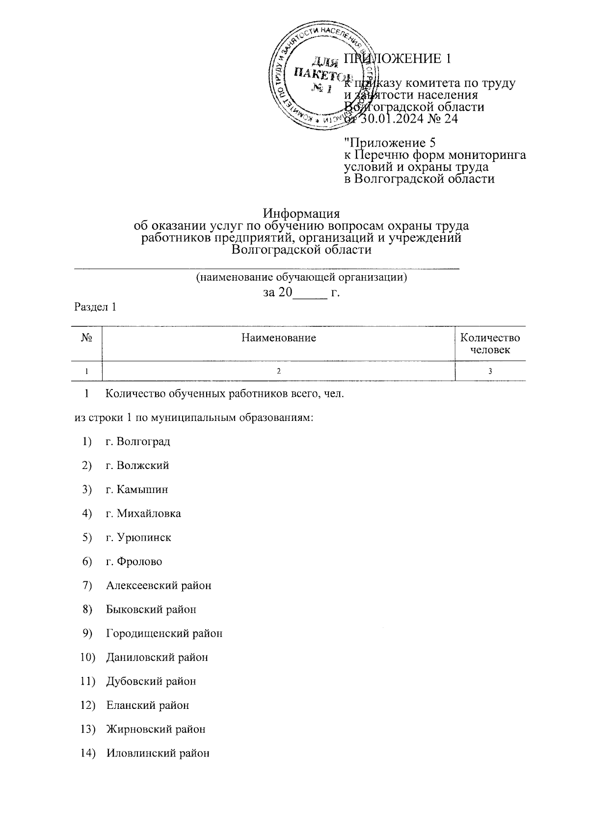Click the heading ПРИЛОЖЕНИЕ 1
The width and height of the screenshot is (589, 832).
(398, 58)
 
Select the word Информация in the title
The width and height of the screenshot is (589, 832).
(301, 214)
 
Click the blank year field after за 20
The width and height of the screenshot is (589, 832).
(310, 293)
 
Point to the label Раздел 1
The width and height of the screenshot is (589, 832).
(95, 307)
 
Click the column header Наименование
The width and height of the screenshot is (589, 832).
(278, 338)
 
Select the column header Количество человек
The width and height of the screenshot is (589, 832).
(490, 343)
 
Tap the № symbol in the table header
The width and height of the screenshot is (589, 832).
(87, 338)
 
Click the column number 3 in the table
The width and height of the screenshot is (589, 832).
(490, 371)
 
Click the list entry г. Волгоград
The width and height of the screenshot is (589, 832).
(138, 441)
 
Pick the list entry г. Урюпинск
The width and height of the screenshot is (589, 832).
(138, 537)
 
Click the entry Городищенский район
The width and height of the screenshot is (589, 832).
(164, 633)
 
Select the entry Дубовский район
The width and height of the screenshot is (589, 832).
(151, 681)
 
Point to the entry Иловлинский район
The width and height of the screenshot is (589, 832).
(158, 753)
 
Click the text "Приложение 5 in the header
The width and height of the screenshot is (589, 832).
(390, 143)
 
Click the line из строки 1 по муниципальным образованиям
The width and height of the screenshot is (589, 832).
(193, 417)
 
